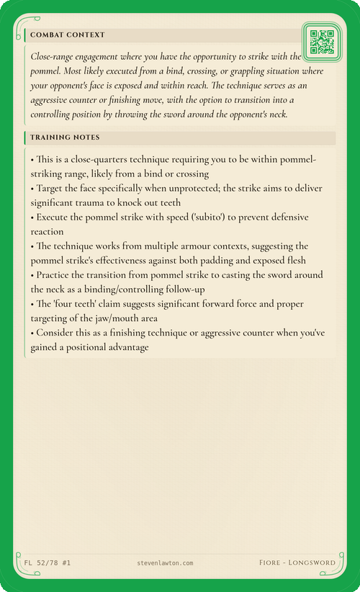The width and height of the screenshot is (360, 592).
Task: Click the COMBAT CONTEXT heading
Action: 68,35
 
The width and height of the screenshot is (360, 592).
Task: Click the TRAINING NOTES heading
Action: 65,137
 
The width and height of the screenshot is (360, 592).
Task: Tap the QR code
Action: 321,42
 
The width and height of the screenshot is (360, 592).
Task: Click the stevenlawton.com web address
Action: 164,562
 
